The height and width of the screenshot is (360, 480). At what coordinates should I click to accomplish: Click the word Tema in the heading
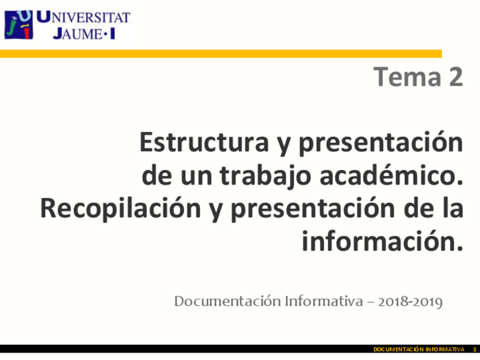click(399, 76)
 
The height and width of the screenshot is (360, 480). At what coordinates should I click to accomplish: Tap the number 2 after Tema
click(454, 76)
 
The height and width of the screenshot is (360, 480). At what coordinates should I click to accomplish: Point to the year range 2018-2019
click(408, 301)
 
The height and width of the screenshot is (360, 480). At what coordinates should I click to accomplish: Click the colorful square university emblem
click(18, 25)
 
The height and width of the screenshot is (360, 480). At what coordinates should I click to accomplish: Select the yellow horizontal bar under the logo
click(221, 54)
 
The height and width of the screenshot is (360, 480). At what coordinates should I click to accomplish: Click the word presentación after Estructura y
click(380, 144)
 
